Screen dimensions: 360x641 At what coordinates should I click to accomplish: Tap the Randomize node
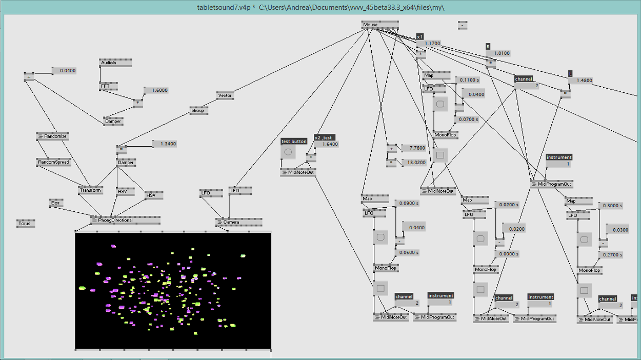pos(52,136)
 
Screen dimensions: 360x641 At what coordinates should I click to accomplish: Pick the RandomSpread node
pos(53,162)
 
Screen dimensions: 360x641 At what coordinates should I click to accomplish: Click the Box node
pos(56,203)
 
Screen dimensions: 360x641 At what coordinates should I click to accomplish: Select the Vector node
pos(225,95)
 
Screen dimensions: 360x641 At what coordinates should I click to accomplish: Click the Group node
pos(198,110)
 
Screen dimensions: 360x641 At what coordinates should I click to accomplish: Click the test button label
pos(294,141)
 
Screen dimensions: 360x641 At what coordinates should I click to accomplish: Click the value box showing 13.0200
pos(413,162)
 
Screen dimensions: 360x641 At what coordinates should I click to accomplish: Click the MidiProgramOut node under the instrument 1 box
pos(551,184)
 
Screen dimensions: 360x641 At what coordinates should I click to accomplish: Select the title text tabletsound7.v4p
pos(223,7)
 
